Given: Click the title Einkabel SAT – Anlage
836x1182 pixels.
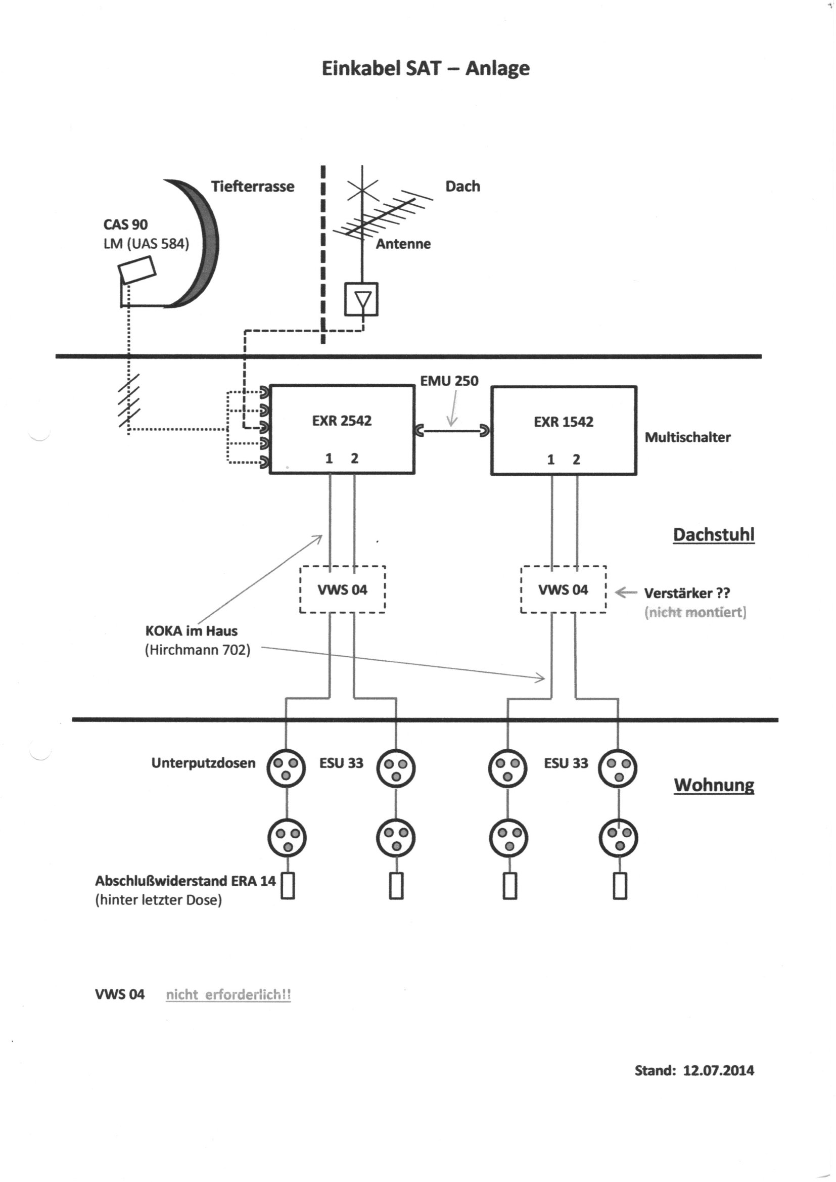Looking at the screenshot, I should (x=425, y=68).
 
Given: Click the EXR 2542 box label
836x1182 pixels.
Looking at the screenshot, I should (x=341, y=421).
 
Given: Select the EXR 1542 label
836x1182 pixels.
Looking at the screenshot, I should (x=563, y=422).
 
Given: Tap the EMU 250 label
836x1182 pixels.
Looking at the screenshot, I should (x=449, y=381).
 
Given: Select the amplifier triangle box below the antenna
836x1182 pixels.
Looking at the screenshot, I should (x=361, y=299).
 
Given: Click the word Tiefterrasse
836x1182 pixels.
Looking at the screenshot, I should (x=252, y=187).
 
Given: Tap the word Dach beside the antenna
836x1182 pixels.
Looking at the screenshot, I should (x=462, y=187).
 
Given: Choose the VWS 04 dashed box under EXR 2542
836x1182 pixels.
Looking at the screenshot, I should (x=342, y=589).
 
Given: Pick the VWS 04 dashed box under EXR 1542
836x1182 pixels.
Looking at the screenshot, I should (x=563, y=589).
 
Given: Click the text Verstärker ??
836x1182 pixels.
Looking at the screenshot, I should (x=687, y=593).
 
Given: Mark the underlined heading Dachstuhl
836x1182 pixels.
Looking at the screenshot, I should (x=714, y=535).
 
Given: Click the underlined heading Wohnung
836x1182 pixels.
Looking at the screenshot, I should (x=714, y=785).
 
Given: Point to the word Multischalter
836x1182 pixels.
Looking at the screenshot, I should (x=687, y=438).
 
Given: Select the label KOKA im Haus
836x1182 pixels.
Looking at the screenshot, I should (x=192, y=630).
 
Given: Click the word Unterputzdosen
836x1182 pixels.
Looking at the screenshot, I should (x=203, y=763).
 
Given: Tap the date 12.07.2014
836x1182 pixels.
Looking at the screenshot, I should (x=718, y=1071).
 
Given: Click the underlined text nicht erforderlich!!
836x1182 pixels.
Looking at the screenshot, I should (x=228, y=994).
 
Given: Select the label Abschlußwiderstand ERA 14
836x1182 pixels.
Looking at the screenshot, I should (x=185, y=881).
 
